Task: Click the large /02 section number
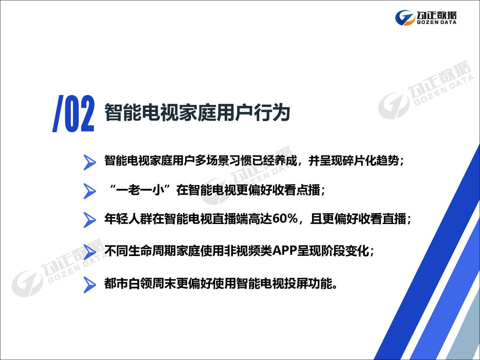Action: point(74,114)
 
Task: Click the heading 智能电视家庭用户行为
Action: point(197,112)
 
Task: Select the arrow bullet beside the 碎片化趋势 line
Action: point(90,162)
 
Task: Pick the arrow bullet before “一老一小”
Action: point(90,191)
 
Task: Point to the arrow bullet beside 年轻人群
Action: point(90,220)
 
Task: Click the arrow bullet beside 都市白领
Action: point(90,284)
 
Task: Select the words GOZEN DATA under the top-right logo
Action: point(436,22)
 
